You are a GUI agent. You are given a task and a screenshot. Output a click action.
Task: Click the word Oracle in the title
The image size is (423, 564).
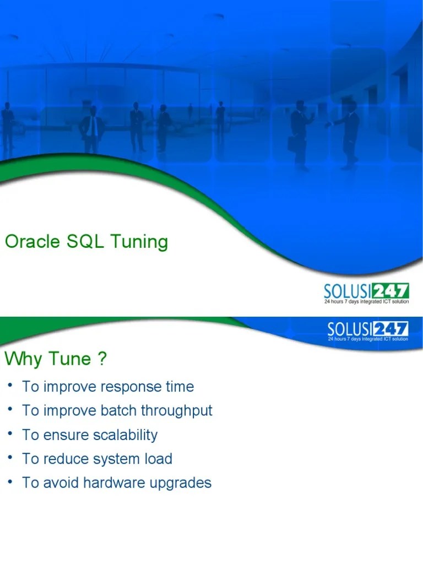[x=31, y=242]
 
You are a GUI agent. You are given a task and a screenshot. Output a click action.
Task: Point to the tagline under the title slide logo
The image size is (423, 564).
[x=366, y=302]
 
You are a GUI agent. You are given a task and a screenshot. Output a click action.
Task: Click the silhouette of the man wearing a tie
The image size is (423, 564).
[x=93, y=129]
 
